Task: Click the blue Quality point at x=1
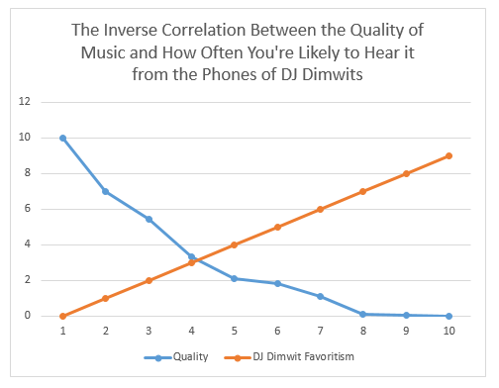pyautogui.click(x=63, y=138)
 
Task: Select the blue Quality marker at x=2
pyautogui.click(x=106, y=191)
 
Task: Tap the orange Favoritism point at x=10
pyautogui.click(x=449, y=155)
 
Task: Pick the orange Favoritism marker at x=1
pyautogui.click(x=63, y=316)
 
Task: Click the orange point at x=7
pyautogui.click(x=321, y=209)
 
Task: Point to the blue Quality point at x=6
pyautogui.click(x=278, y=283)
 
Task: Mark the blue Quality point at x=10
pyautogui.click(x=449, y=316)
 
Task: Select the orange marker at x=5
pyautogui.click(x=235, y=244)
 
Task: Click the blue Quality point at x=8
pyautogui.click(x=363, y=314)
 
